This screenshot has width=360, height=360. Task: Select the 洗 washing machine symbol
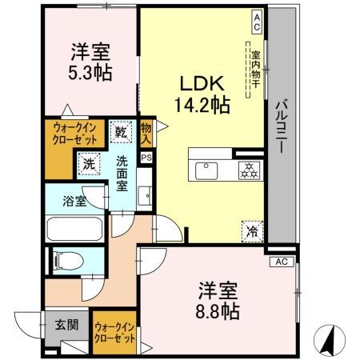[x=88, y=164]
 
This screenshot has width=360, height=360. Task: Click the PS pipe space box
[x=146, y=158]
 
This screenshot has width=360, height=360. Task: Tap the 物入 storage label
[x=146, y=133]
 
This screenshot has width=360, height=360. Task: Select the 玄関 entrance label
[x=66, y=326]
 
